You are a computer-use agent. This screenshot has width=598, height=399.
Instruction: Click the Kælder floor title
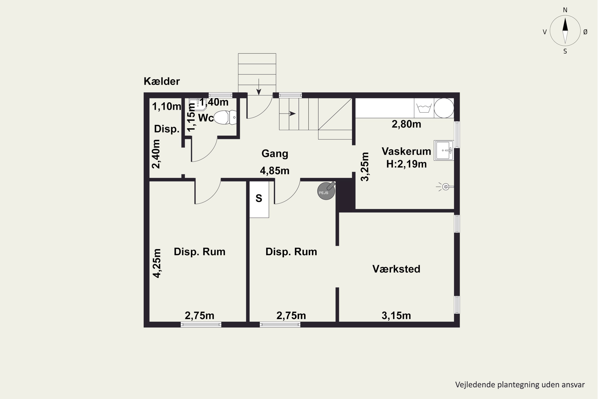pos(162,81)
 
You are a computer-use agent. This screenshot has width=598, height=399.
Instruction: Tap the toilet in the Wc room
pos(225,118)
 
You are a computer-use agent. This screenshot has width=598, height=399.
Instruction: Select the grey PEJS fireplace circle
pos(326,191)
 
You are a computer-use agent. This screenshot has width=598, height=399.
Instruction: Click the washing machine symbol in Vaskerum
pos(424,108)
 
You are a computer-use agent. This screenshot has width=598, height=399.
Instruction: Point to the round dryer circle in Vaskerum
pos(444,108)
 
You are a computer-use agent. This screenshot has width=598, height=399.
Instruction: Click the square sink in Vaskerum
pos(444,150)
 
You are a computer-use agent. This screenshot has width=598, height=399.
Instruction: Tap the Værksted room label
pos(396,269)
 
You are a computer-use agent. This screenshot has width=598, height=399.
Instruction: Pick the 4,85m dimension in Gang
pos(275,171)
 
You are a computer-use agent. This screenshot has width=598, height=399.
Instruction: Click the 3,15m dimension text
pos(396,316)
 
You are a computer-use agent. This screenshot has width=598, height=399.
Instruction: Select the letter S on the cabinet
pos(259,198)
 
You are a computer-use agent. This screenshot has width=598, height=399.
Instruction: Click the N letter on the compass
pos(565,10)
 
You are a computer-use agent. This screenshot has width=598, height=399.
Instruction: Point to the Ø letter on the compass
pos(585,32)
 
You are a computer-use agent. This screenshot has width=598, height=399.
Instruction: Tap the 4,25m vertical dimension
pos(157,263)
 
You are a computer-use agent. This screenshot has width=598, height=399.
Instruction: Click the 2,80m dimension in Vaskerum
pos(406,124)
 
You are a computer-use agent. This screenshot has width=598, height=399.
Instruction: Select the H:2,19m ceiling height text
pos(406,164)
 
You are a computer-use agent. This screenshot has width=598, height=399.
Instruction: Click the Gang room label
pos(275,153)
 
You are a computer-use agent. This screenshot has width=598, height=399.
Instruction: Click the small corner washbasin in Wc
pos(198,105)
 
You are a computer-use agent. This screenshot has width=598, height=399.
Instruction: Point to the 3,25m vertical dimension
pos(365,167)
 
